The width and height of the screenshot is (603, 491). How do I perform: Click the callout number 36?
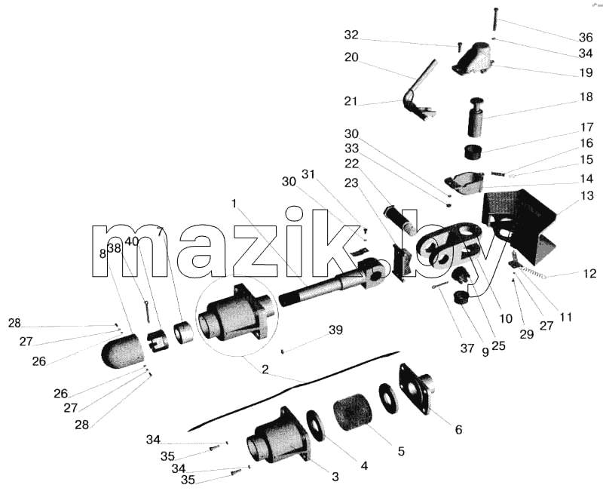tap(586, 37)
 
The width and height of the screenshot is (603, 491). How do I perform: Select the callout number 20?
tap(351, 57)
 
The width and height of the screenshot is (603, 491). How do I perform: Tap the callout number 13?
tap(587, 195)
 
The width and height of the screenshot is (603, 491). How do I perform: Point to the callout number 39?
tap(335, 330)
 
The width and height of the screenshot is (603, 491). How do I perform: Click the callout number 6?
tap(458, 429)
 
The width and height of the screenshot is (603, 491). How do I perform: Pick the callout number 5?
tap(401, 451)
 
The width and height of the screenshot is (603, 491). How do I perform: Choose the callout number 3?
tap(335, 477)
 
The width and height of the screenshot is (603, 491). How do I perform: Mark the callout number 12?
tap(589, 274)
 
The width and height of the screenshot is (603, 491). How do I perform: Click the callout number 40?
tap(131, 241)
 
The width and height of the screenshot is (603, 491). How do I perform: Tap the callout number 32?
tap(351, 35)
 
